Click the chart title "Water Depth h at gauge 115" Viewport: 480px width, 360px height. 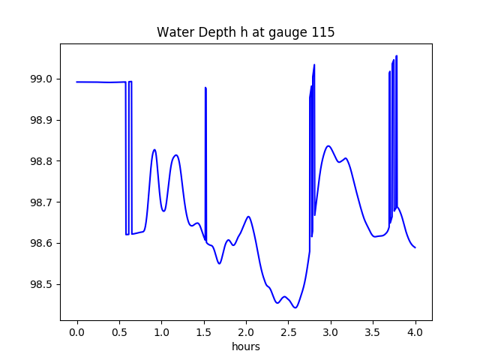point(245,32)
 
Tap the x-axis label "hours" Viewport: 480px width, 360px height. point(245,347)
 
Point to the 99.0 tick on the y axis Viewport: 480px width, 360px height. point(41,79)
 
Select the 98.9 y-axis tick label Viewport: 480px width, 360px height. point(41,121)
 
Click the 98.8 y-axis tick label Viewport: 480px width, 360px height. point(41,161)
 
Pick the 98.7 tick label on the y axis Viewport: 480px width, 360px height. point(41,202)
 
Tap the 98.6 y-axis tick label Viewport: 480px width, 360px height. point(41,244)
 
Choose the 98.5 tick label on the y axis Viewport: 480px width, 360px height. point(41,285)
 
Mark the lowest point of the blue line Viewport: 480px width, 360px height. point(295,307)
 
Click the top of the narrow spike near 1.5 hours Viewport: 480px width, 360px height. point(205,88)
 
